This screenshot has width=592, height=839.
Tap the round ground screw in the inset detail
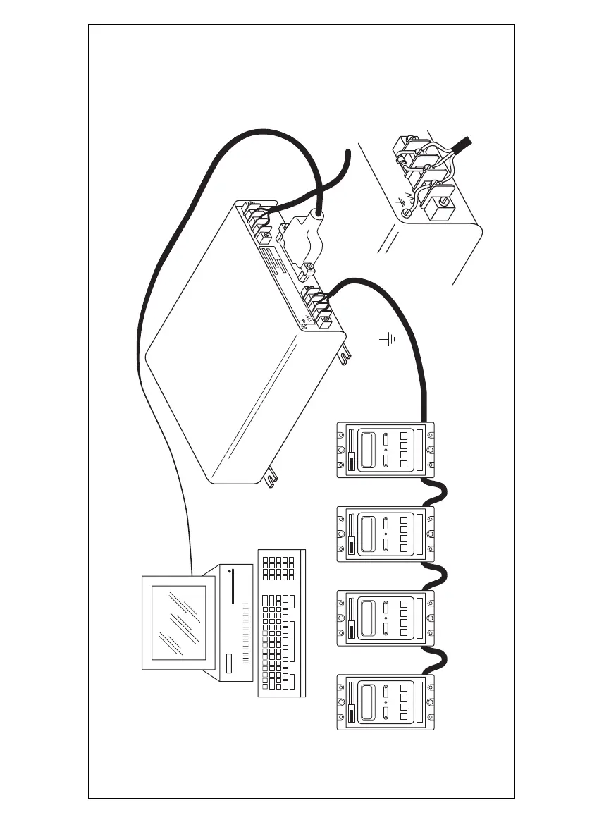point(405,214)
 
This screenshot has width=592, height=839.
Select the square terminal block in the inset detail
point(437,210)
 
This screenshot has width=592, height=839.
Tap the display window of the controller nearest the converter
point(367,450)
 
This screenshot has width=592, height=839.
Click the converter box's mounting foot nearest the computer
point(270,480)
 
